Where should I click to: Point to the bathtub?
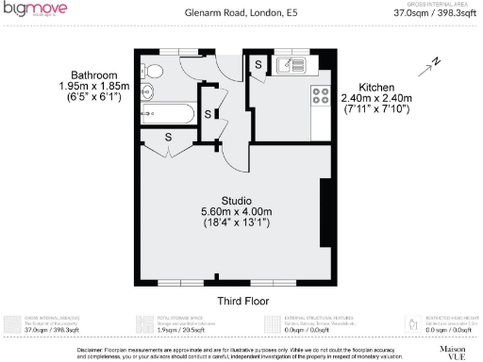click(167, 115)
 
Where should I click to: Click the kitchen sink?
click(291, 66)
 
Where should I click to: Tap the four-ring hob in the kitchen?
click(320, 94)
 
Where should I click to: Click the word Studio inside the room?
click(236, 200)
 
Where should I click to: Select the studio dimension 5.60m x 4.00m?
click(236, 211)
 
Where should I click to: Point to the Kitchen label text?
click(375, 85)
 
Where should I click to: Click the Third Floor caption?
click(243, 301)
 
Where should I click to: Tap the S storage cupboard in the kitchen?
click(258, 63)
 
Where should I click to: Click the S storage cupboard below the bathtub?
click(168, 138)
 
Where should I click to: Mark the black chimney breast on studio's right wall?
click(326, 212)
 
